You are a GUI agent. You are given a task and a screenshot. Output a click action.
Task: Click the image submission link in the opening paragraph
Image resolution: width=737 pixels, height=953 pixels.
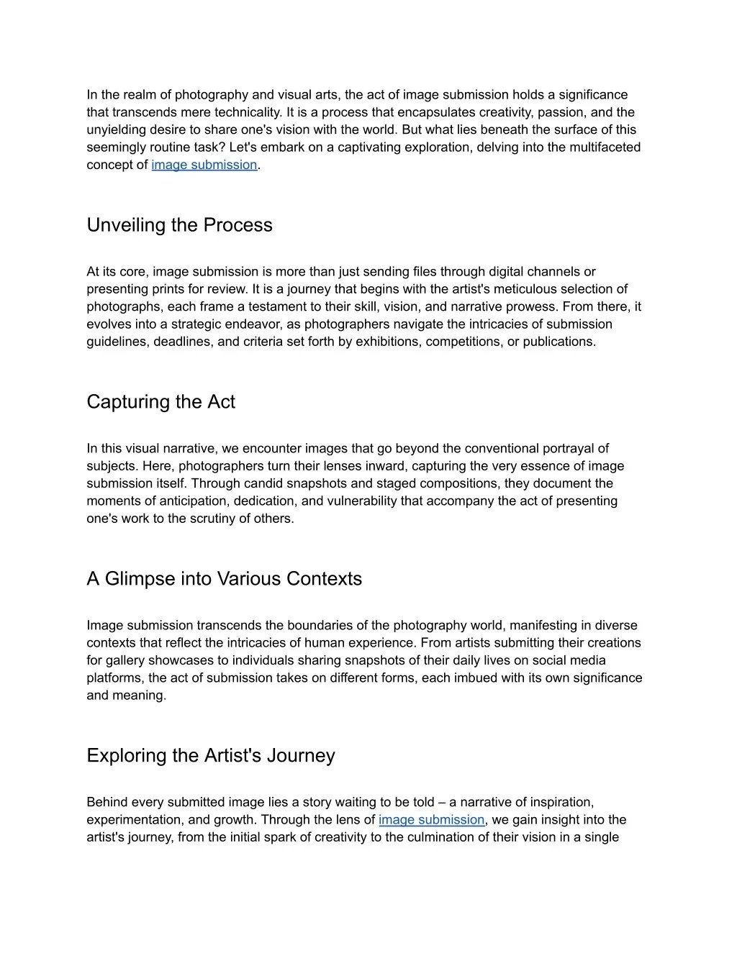tap(204, 165)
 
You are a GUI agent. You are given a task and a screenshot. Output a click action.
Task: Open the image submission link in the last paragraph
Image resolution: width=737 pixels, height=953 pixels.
tap(432, 820)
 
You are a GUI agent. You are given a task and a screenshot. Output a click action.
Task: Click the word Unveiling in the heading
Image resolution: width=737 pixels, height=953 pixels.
tap(126, 225)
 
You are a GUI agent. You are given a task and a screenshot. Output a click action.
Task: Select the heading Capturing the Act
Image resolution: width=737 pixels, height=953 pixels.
tap(160, 402)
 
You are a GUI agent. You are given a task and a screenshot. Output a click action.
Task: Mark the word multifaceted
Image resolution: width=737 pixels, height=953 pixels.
tap(605, 147)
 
